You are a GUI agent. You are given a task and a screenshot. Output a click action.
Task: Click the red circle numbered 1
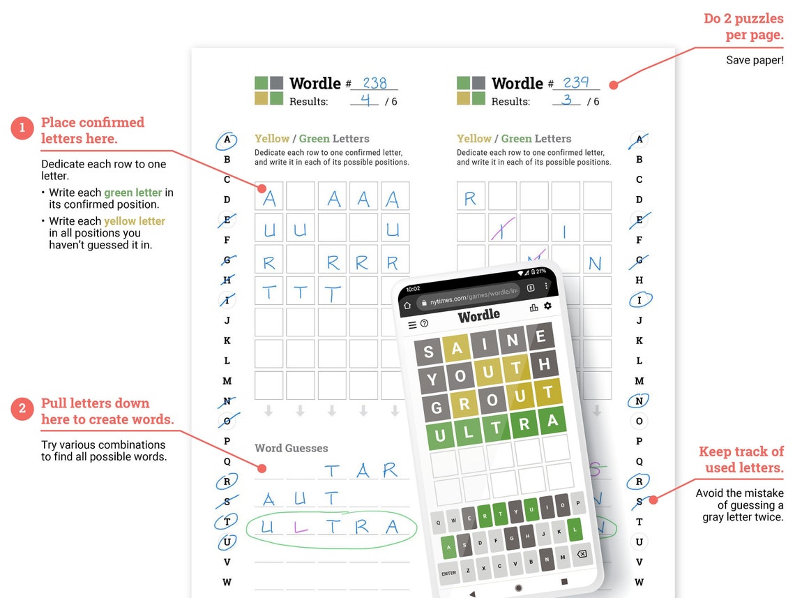[22, 128]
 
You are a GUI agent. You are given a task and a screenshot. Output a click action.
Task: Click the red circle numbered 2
[22, 408]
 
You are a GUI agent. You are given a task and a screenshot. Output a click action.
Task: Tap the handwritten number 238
[374, 83]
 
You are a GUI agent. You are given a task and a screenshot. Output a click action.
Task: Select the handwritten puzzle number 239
[576, 83]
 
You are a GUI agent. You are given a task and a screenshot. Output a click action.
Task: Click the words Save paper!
[755, 60]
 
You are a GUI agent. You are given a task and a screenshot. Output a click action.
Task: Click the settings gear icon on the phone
[547, 306]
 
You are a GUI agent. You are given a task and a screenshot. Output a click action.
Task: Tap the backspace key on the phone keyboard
[581, 554]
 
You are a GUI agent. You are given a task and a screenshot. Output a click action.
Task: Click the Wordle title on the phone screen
[479, 315]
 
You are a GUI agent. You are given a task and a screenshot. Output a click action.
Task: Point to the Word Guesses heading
[291, 448]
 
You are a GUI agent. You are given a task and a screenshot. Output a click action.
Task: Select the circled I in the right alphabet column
[639, 300]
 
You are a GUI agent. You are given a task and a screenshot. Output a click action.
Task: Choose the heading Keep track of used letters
[741, 459]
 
